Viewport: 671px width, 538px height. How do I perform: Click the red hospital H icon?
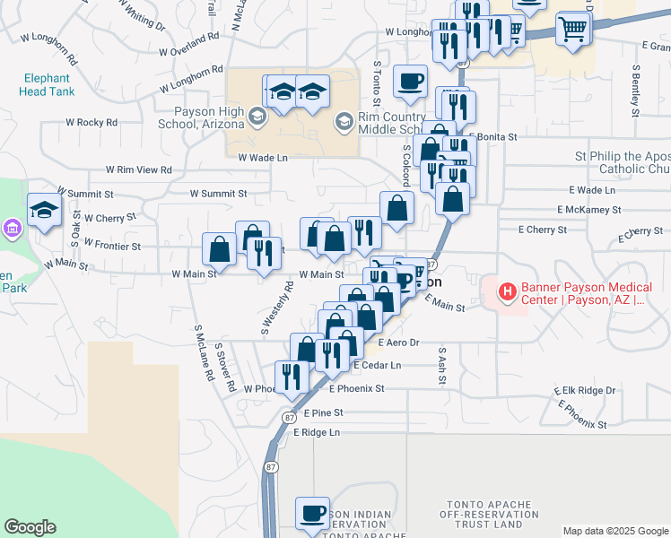(507, 291)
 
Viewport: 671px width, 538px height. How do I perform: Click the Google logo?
(30, 527)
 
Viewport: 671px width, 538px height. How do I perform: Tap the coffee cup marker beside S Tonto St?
(411, 82)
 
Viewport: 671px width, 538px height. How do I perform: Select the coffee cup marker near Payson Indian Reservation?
(313, 514)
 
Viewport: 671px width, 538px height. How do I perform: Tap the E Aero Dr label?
(399, 343)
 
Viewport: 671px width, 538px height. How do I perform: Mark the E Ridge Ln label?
(318, 432)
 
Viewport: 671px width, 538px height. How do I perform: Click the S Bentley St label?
(635, 90)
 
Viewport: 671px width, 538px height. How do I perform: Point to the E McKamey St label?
(588, 210)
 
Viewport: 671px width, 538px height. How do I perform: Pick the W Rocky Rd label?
(92, 122)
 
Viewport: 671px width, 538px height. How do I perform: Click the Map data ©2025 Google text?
(614, 531)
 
